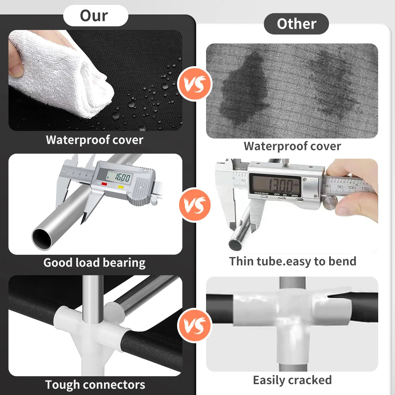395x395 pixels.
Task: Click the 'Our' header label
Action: point(94,16)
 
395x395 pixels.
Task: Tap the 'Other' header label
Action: point(297,24)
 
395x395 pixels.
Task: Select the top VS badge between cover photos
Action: point(195,84)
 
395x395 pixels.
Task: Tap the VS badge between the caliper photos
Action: point(195,205)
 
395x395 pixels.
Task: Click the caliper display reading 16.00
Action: point(119,177)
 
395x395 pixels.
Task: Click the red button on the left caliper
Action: point(104,184)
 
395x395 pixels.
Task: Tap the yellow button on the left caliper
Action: point(120,187)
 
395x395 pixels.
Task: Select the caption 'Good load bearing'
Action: point(94,263)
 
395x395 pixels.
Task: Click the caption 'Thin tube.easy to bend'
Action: point(293,261)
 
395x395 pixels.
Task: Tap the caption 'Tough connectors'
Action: point(95,384)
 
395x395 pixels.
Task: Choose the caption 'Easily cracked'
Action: point(292,380)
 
